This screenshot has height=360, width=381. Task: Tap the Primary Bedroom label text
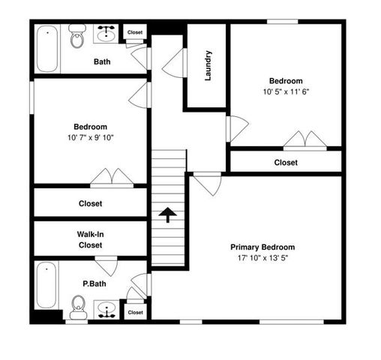point(262,247)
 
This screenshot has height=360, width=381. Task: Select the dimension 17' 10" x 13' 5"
point(262,258)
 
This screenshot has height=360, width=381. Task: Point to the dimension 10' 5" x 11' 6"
point(286,92)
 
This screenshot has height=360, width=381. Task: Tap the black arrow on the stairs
point(168,216)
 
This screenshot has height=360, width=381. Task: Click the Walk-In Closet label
point(90,239)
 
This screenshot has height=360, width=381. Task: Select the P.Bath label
point(92,285)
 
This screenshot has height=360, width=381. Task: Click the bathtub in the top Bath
point(47,49)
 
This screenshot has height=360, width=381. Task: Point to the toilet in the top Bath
point(77,37)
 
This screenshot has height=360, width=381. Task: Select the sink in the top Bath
point(106,34)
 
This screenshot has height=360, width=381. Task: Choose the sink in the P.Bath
point(106,308)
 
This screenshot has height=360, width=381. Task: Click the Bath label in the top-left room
point(102,61)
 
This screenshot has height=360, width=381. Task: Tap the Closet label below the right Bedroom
point(285,162)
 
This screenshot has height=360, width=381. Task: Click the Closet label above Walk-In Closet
point(90,203)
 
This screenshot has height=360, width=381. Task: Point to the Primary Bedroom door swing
point(208,182)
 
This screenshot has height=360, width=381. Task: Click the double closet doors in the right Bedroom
point(304,140)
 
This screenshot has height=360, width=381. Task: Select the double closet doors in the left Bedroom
point(112,177)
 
